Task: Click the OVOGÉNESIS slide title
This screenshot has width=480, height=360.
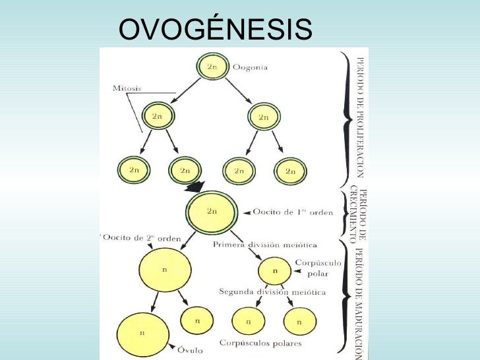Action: (x=214, y=29)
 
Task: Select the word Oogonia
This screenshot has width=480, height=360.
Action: (x=252, y=67)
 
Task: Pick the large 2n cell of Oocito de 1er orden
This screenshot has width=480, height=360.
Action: (x=211, y=212)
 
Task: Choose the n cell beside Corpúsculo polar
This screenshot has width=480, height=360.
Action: (x=275, y=271)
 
